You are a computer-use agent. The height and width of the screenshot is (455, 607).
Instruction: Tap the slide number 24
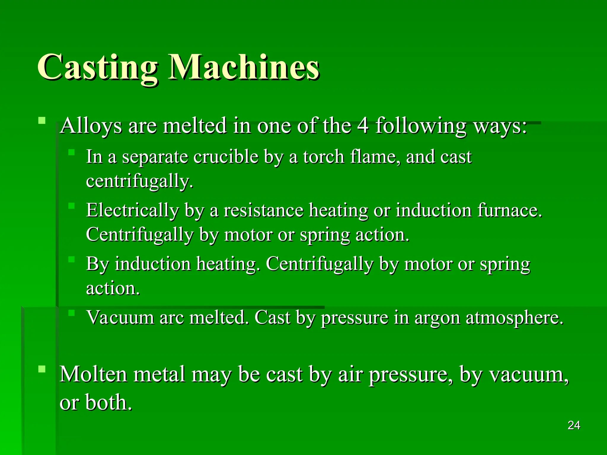pos(574,425)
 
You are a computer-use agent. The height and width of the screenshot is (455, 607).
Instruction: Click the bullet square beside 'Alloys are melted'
pos(42,120)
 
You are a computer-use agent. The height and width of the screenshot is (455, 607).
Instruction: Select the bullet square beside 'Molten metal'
pos(42,369)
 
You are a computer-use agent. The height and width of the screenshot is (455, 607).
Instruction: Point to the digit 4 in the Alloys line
pos(363,126)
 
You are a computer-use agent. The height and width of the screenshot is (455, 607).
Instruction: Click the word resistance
pos(263,210)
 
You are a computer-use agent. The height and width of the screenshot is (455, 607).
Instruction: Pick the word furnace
pos(509,210)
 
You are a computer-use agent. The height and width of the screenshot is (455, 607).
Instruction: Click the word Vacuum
pos(120,318)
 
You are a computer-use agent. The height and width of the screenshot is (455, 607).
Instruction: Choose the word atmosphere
pos(514,318)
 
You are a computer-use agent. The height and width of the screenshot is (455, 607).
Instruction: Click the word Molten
pos(93,374)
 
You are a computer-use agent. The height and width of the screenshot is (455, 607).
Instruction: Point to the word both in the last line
pos(108,402)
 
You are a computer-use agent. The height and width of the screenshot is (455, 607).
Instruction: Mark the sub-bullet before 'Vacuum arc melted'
pos(71,313)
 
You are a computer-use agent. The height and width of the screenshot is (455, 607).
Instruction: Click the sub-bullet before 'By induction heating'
pos(71,259)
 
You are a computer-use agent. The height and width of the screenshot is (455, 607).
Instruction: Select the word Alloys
pos(91,126)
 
